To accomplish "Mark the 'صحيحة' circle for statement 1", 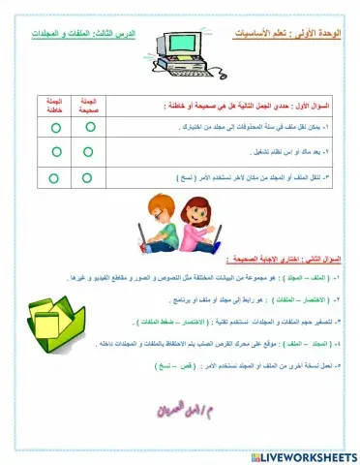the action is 88,126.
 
